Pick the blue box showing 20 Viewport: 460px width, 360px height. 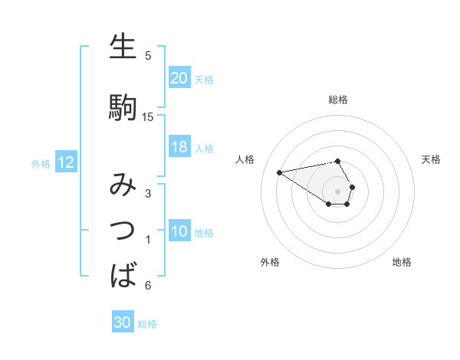[x=179, y=78]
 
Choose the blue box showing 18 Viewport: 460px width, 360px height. [x=179, y=148]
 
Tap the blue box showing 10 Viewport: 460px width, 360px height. [x=179, y=232]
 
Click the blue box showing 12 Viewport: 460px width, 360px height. [x=65, y=162]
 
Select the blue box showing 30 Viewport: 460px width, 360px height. [x=123, y=322]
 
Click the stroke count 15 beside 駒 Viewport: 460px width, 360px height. [x=148, y=116]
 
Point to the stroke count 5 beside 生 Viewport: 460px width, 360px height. [x=148, y=55]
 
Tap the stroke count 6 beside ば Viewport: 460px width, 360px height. [x=148, y=286]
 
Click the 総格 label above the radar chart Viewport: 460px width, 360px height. [x=338, y=100]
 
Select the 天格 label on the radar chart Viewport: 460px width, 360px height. [x=432, y=159]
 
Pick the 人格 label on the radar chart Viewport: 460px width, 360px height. [x=245, y=159]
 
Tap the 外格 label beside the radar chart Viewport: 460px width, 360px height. [x=270, y=262]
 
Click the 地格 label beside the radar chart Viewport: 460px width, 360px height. [x=402, y=262]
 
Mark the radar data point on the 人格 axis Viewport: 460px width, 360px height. [x=280, y=172]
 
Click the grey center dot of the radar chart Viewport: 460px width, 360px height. [x=338, y=191]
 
